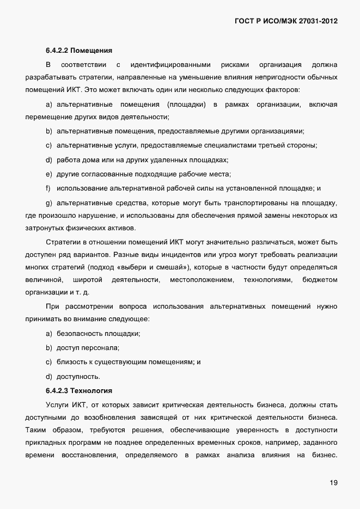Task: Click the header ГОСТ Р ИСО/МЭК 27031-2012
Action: [285, 21]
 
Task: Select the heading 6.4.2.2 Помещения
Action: [79, 51]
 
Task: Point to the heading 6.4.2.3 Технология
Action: [79, 390]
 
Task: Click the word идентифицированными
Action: [170, 65]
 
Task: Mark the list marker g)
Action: [48, 203]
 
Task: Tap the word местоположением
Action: [202, 280]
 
